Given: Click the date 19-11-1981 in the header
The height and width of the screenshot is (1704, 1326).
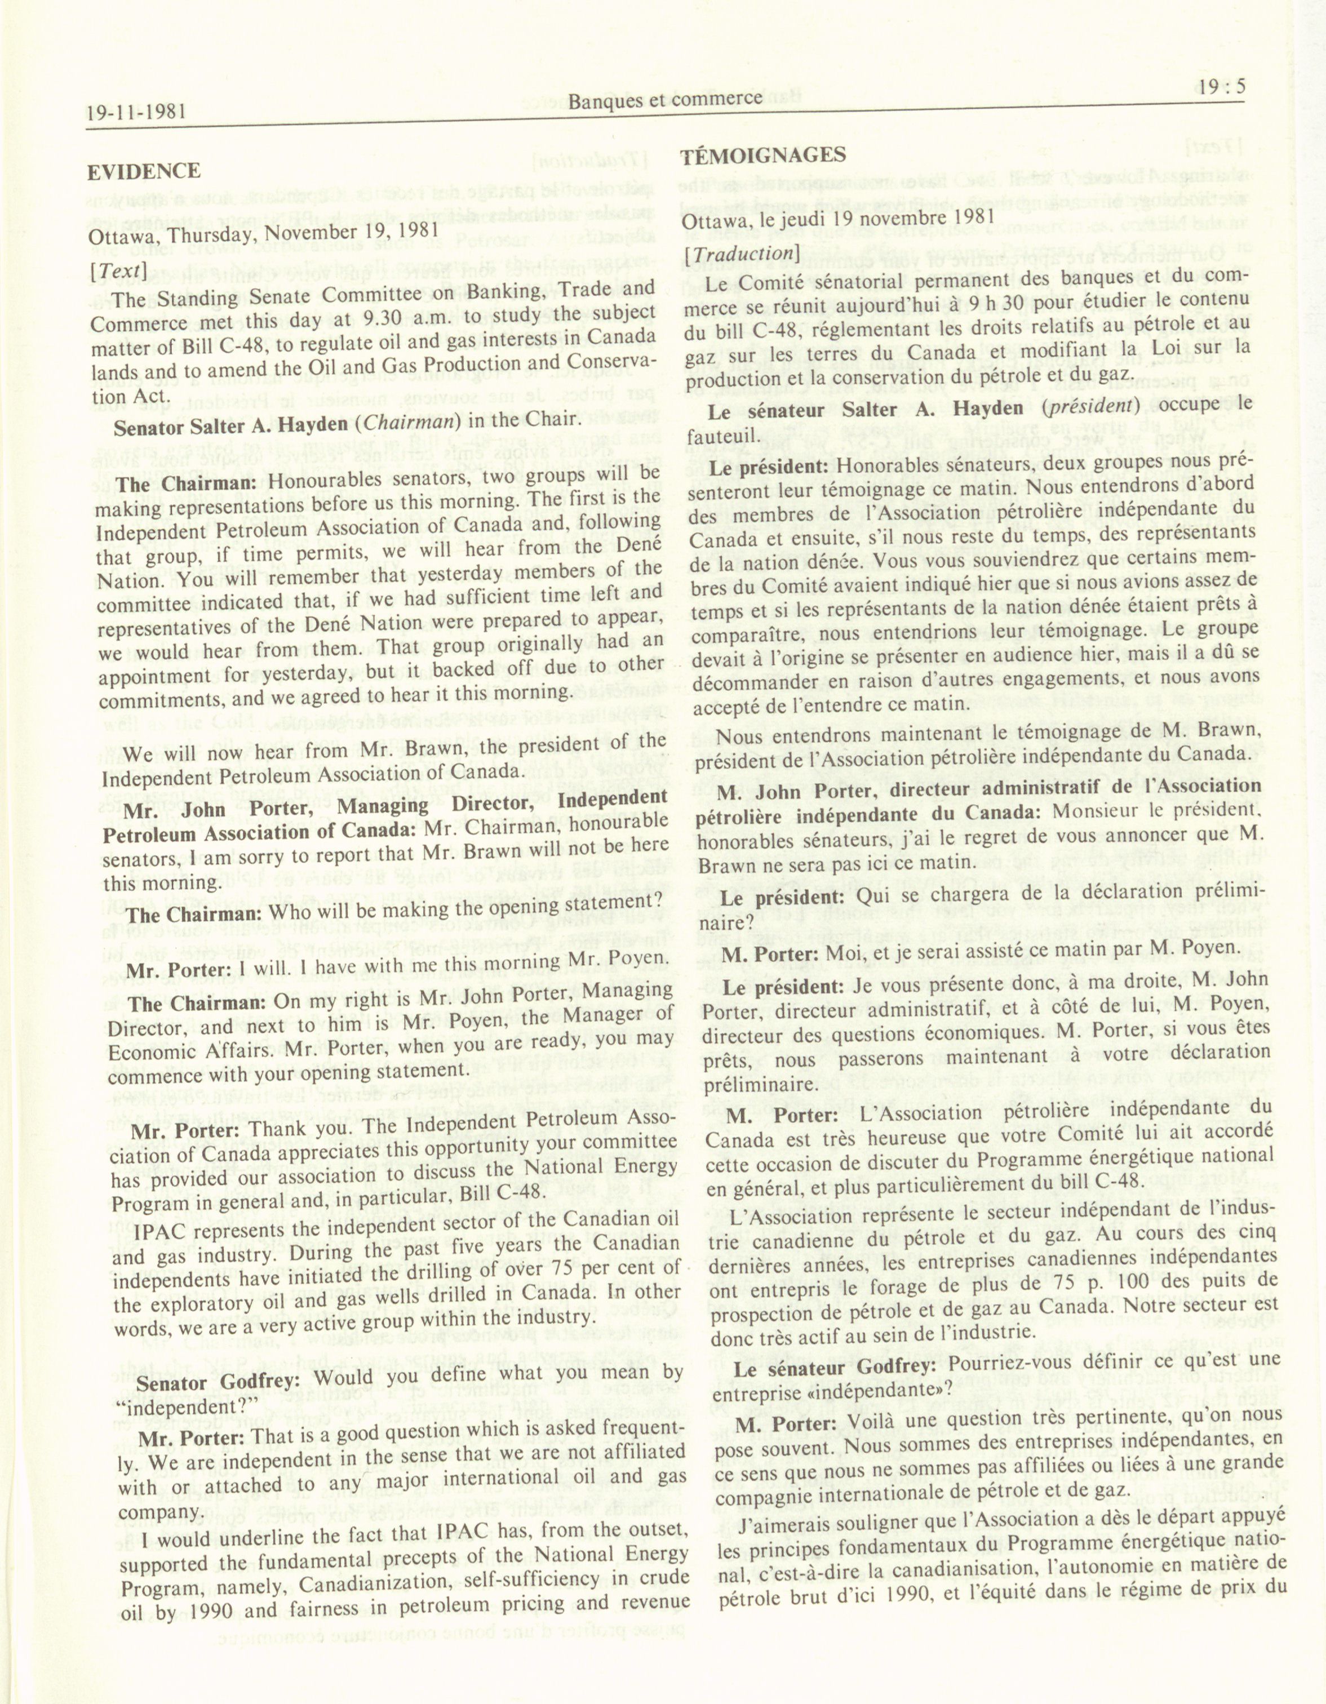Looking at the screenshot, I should (x=136, y=112).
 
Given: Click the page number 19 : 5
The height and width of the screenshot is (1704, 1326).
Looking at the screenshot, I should (x=1217, y=87).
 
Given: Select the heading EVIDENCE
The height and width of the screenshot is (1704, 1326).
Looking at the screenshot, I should (x=144, y=171).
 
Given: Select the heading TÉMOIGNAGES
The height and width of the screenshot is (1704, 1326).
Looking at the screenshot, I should (x=762, y=156).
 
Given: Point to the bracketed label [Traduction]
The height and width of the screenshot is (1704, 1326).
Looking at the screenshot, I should (x=738, y=254).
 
